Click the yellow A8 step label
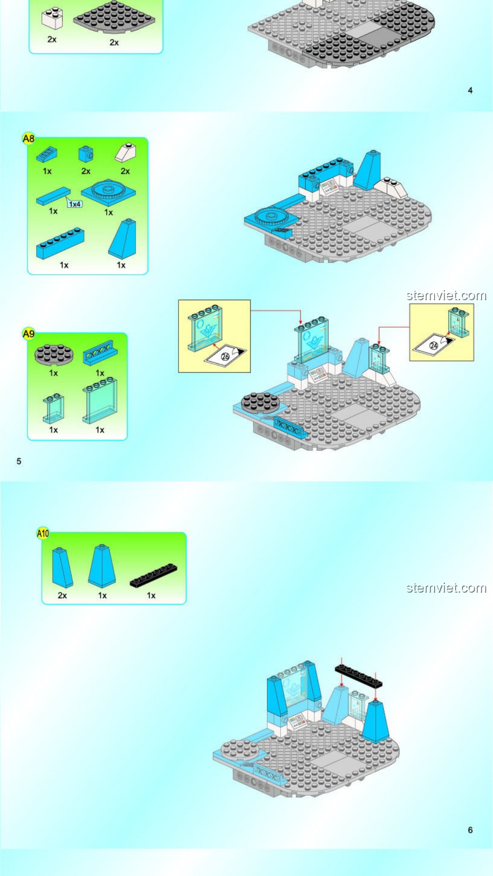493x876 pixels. pyautogui.click(x=28, y=138)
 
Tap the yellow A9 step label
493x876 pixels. pyautogui.click(x=28, y=334)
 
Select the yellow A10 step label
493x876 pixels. pyautogui.click(x=43, y=533)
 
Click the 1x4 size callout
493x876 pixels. pyautogui.click(x=75, y=204)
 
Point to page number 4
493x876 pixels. pyautogui.click(x=470, y=90)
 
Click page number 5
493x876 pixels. pyautogui.click(x=19, y=461)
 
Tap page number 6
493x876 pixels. pyautogui.click(x=470, y=830)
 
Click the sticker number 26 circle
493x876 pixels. pyautogui.click(x=225, y=356)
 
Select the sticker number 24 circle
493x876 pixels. pyautogui.click(x=434, y=345)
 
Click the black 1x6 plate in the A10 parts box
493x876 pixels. pyautogui.click(x=153, y=575)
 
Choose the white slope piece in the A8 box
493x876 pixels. pyautogui.click(x=126, y=153)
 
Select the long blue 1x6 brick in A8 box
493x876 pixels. pyautogui.click(x=60, y=243)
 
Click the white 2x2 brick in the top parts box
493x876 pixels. pyautogui.click(x=52, y=18)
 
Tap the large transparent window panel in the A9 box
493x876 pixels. pyautogui.click(x=100, y=401)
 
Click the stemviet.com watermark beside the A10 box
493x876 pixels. pyautogui.click(x=446, y=588)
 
